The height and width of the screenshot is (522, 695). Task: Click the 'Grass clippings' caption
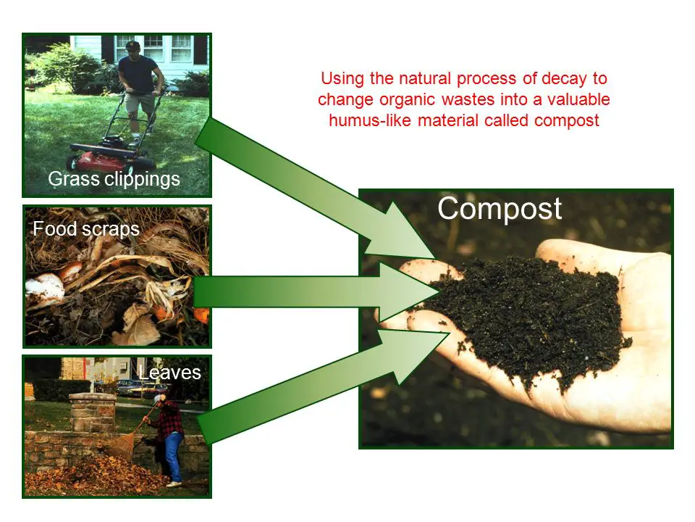click(114, 179)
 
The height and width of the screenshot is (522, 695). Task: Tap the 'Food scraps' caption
click(86, 230)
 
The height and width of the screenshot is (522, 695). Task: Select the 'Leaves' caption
click(169, 373)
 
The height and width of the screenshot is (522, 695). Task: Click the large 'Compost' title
click(500, 209)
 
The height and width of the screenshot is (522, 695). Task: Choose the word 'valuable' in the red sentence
click(578, 99)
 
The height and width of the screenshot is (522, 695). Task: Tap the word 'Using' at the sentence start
click(342, 78)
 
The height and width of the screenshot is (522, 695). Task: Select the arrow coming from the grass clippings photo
click(315, 188)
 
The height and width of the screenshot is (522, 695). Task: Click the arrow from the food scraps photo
click(316, 291)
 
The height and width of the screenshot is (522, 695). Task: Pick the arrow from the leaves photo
click(323, 386)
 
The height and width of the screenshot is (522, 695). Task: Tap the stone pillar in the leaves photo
click(92, 412)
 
